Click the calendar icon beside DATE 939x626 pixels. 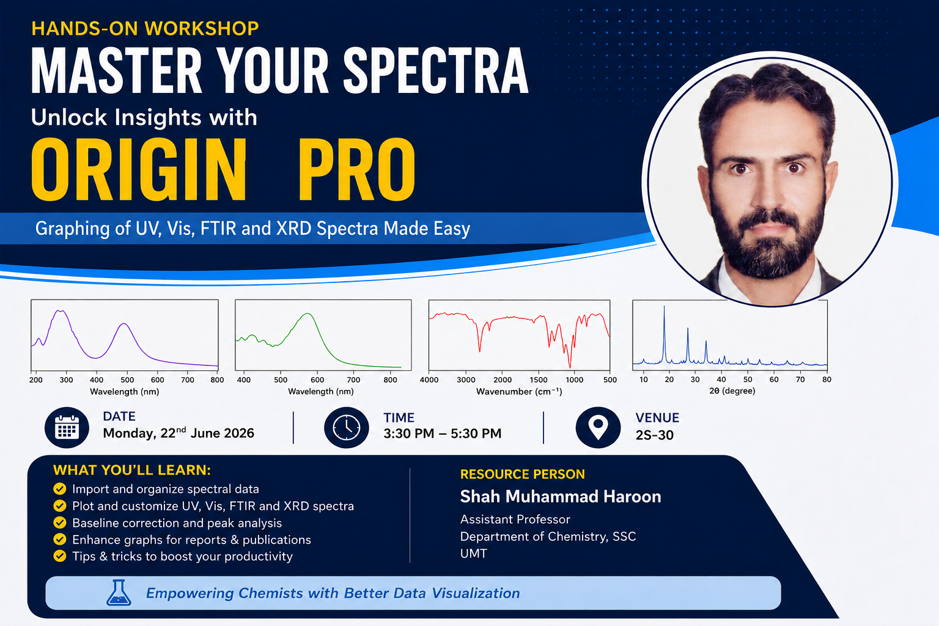(67, 428)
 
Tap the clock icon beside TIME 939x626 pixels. (346, 428)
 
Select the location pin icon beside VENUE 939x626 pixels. (598, 428)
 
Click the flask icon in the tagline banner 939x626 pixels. (119, 593)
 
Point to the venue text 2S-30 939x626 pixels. (654, 435)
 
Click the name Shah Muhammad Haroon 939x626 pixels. (561, 496)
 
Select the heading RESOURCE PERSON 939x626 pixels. (522, 474)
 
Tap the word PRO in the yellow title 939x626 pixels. (357, 169)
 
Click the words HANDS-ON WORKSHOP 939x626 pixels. (145, 29)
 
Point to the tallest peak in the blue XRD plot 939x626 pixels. (664, 306)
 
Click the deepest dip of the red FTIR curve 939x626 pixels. (570, 367)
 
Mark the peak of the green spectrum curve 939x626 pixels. (307, 314)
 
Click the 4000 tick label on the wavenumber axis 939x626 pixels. (429, 380)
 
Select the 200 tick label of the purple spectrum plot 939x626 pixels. (35, 380)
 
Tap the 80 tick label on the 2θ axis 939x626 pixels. (827, 380)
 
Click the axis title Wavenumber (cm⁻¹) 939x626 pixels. (519, 392)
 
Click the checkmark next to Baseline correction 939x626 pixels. (59, 523)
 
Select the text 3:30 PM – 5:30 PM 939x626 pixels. (442, 433)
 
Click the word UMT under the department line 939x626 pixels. (473, 553)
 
